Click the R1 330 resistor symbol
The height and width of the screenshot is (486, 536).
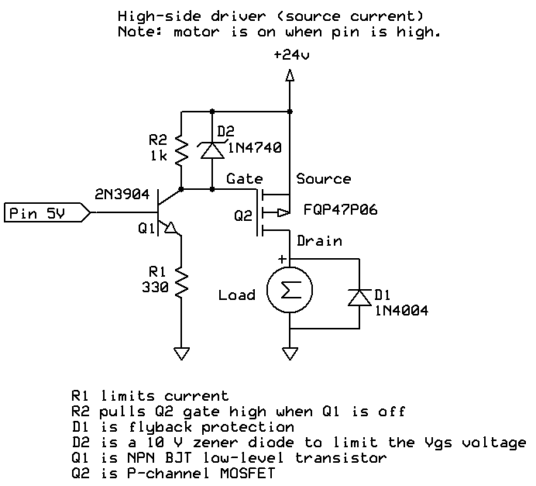(x=180, y=283)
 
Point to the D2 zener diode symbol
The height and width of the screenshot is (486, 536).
(x=211, y=149)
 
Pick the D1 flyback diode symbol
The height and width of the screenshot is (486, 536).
(x=359, y=297)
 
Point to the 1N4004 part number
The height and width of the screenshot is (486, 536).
(x=402, y=311)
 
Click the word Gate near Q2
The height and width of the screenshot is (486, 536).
(x=245, y=179)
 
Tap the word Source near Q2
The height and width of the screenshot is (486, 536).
(x=324, y=179)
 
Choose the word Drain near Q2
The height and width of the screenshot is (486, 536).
(x=319, y=241)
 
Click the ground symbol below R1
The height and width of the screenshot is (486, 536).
(x=180, y=353)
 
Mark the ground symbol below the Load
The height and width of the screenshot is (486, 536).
(x=289, y=353)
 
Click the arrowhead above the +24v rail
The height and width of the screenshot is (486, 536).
(x=289, y=75)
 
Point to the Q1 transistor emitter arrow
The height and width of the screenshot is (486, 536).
(x=171, y=229)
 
